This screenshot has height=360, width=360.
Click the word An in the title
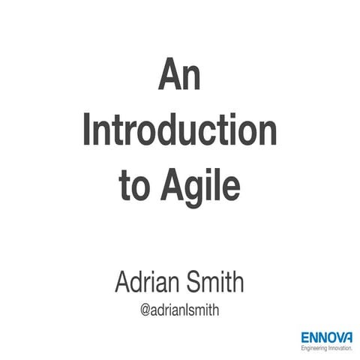point(180,78)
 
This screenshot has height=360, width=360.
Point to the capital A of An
point(168,77)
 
